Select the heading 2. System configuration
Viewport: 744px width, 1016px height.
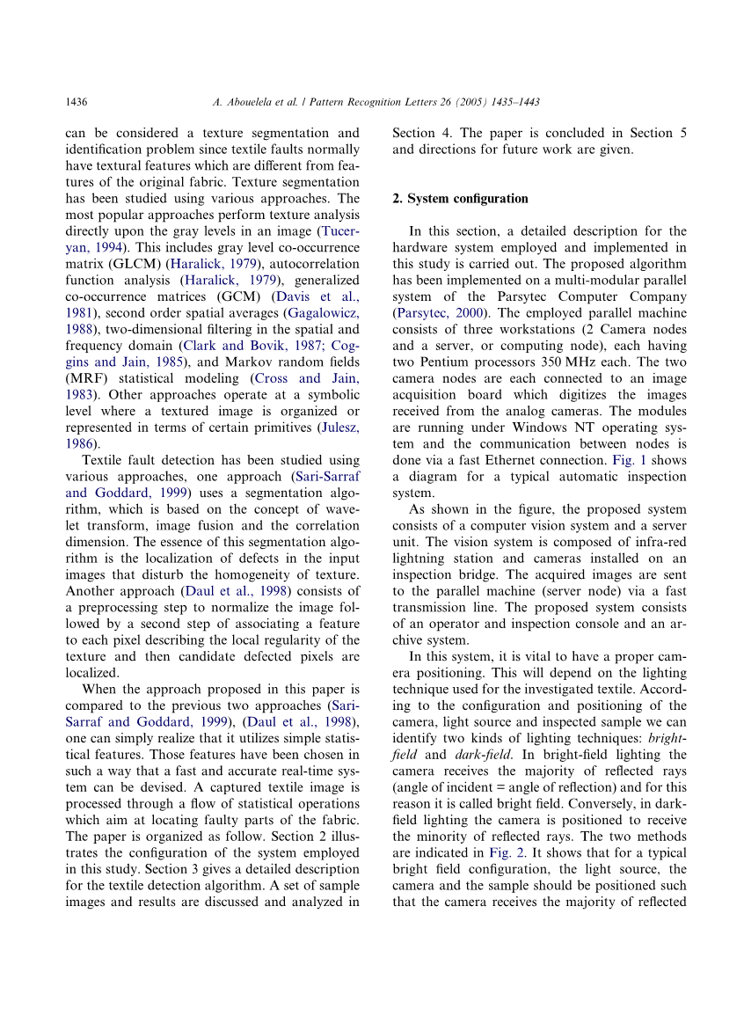click(x=460, y=198)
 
